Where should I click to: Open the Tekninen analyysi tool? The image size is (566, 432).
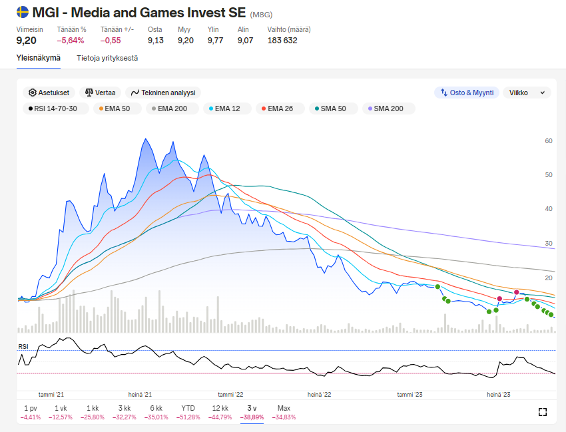click(163, 93)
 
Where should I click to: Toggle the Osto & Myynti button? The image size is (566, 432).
click(466, 93)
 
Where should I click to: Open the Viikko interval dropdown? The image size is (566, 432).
click(527, 93)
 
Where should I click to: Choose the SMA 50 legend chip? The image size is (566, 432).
click(329, 108)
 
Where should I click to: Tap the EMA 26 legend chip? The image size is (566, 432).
click(280, 108)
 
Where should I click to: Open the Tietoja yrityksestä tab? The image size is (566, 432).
click(107, 58)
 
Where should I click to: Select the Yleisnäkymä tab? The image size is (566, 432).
click(39, 58)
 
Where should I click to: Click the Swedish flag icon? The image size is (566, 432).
click(23, 12)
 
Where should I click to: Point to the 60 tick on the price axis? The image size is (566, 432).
click(549, 141)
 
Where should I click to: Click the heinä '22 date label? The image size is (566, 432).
click(320, 394)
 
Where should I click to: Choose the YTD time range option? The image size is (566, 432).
click(188, 408)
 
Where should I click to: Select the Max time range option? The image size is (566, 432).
click(284, 408)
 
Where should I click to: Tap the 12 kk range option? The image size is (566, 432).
click(220, 408)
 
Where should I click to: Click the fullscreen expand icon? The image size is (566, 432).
click(542, 412)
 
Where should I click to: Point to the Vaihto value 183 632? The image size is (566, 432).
click(282, 41)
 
